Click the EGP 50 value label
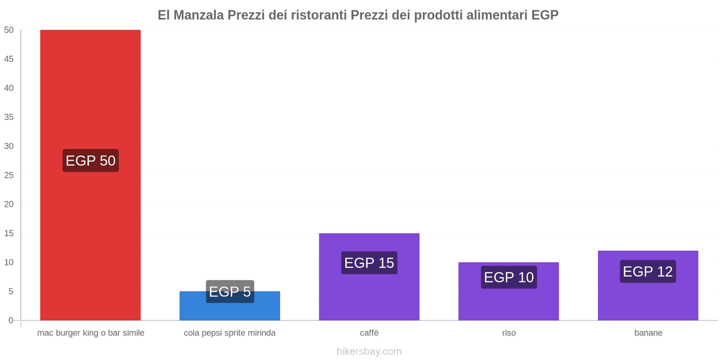[x=90, y=161]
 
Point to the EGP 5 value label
[x=230, y=292]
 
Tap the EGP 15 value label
[x=369, y=263]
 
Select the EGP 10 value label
[x=508, y=277]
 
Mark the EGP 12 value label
[x=648, y=271]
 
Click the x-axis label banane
[x=648, y=333]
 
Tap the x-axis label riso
[x=509, y=333]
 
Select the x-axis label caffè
[x=369, y=333]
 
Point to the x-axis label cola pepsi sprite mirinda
[x=229, y=333]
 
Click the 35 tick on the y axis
[x=9, y=117]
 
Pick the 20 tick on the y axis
[x=9, y=204]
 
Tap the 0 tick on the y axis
[x=11, y=320]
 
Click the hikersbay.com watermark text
[x=369, y=351]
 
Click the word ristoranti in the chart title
[x=319, y=15]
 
